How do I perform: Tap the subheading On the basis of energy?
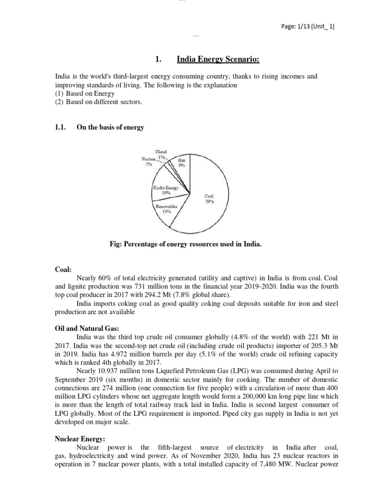(x=110, y=127)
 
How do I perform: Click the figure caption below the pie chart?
(x=185, y=244)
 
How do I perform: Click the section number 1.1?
(x=62, y=127)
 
